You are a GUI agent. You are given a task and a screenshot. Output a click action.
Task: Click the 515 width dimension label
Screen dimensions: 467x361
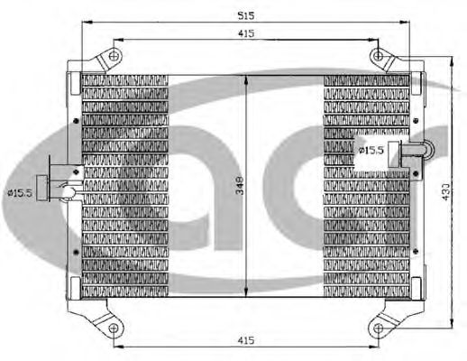point(246,15)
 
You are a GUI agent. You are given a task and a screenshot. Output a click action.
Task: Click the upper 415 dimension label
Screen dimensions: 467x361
point(246,33)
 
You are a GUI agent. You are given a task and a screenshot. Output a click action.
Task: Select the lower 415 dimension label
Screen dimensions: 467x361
point(246,340)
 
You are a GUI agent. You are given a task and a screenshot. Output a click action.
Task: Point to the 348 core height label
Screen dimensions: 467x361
point(240,186)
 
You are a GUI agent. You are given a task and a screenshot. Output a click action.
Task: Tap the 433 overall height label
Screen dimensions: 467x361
point(446,191)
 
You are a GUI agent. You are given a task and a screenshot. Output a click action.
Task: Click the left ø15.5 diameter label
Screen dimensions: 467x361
point(20,193)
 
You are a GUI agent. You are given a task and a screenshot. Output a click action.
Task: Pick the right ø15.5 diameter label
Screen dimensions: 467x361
point(371,150)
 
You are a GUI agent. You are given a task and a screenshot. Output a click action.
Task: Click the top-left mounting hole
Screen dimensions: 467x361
point(114,56)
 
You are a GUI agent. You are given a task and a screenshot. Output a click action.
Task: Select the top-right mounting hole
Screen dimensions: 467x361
point(379,56)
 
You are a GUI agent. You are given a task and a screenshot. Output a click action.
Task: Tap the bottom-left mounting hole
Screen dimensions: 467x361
point(113,328)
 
